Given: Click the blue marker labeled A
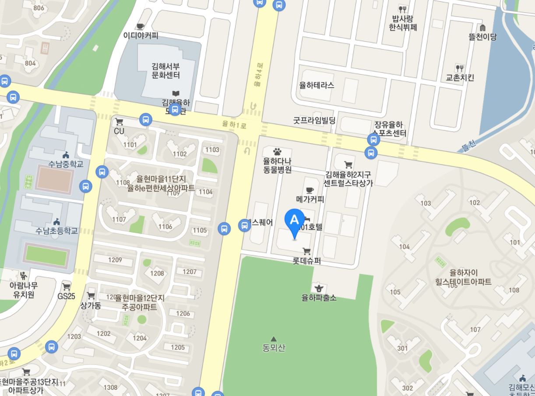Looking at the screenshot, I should pos(295,221).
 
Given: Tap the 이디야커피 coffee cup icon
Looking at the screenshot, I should pos(140,26).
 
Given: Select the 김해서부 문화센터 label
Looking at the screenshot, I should pos(165,71).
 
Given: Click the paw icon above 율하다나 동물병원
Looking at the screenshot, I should pos(277,152).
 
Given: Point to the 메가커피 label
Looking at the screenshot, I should pos(310,200).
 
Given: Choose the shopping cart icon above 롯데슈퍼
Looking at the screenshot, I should pos(306,251).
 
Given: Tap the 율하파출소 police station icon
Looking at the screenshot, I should pos(319,288).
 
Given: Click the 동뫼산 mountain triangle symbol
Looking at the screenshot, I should pos(274,339).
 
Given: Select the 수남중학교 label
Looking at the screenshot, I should pos(66,164).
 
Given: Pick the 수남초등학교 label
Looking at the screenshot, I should pos(57,231).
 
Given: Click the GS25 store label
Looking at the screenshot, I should pos(67,296).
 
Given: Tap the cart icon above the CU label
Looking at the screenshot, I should pos(119,122).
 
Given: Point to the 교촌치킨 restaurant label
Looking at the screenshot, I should pos(460,78).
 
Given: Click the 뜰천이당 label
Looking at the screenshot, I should pos(482,37).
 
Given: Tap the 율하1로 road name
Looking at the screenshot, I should pos(234,125).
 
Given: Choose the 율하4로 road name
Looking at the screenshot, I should pos(258,74).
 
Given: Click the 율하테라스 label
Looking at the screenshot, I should pos(317,86).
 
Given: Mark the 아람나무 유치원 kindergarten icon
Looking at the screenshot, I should pos(23,275).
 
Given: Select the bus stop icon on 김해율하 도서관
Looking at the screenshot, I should pos(175,109).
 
